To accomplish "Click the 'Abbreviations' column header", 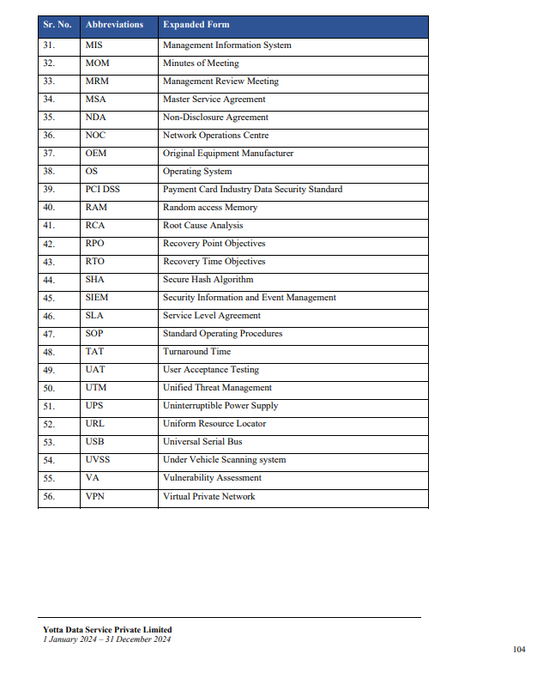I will pos(114,25).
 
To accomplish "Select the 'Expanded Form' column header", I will pos(196,25).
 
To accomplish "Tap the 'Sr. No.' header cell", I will pos(57,25).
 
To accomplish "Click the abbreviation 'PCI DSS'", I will pos(103,190).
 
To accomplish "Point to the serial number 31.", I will pos(49,45).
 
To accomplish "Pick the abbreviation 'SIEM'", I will pos(97,298).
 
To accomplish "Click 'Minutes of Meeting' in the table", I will pos(201,64).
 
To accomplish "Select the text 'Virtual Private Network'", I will pos(208,496).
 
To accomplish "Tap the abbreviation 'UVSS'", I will pos(98,460).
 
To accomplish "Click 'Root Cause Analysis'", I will pos(202,226).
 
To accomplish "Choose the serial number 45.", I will pos(49,298).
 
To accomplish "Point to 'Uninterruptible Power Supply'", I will pos(220,406).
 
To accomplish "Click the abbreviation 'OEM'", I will pos(96,154).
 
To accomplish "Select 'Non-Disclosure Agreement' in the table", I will pos(215,118).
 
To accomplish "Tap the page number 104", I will pos(519,650).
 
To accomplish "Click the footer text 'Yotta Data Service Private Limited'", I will pos(107,630).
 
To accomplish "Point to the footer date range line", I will pos(107,639).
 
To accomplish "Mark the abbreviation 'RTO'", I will pos(95,262).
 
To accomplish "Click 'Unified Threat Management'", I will pos(217,388).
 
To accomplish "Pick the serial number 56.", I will pos(49,496).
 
